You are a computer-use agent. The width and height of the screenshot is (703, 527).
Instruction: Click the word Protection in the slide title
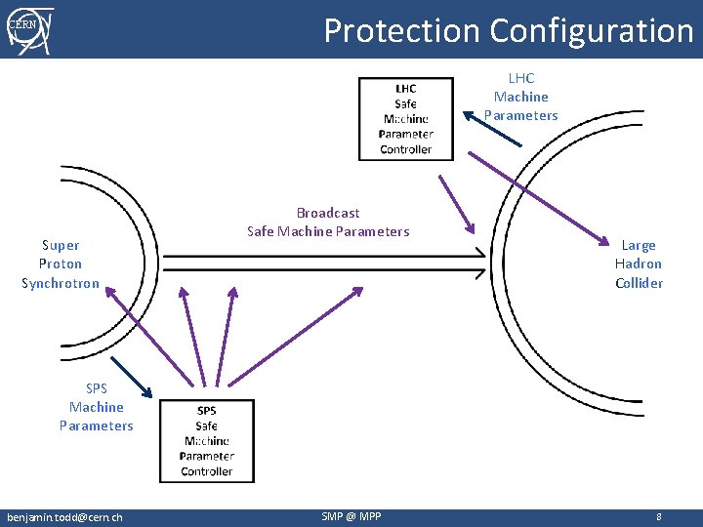coord(402,30)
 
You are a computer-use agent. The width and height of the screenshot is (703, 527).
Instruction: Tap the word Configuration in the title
coord(592,30)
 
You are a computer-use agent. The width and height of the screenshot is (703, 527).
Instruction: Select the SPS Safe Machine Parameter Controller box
coord(207,441)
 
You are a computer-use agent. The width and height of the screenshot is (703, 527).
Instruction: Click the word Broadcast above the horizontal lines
coord(328,213)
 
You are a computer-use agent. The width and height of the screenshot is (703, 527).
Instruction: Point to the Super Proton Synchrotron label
coord(61,264)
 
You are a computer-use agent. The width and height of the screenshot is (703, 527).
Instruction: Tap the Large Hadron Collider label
coord(639,264)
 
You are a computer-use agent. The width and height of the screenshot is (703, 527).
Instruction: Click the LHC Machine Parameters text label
coord(521,97)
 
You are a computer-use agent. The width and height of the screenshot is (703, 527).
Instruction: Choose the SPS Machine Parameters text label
coord(97,407)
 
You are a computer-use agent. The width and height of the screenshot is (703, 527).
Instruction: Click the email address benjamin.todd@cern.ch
coord(64,516)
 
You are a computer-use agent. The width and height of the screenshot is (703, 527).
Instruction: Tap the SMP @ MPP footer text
coord(351,516)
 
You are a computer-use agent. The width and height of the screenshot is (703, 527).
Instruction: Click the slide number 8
coord(659,516)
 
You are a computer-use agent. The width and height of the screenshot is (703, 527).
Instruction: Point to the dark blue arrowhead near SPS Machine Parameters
coord(148,394)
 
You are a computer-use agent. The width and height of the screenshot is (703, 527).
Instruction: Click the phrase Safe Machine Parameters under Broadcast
coord(328,231)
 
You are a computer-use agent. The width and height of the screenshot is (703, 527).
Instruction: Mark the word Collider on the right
coord(639,283)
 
